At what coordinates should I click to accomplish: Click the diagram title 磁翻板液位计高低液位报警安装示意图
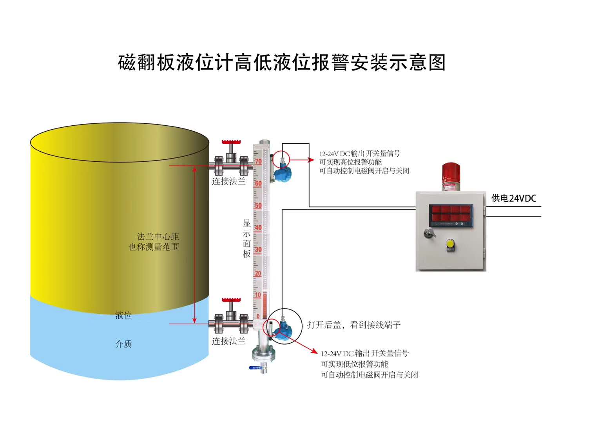tap(282, 63)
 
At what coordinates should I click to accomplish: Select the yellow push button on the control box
tap(450, 244)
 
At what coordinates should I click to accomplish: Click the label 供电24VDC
tap(514, 198)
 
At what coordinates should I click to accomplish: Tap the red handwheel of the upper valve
tap(231, 142)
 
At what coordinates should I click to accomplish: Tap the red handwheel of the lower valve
tap(231, 300)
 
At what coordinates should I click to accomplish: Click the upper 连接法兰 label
tap(229, 181)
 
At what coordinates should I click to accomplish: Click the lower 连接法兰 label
tap(229, 341)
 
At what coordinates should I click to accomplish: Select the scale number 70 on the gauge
tap(258, 161)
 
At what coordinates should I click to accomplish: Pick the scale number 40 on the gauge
tap(258, 228)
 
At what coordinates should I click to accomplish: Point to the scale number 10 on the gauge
tap(258, 295)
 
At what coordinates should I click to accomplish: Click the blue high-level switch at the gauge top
tap(282, 173)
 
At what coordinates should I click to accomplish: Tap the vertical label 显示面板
tap(247, 239)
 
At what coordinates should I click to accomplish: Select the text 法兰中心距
tap(158, 237)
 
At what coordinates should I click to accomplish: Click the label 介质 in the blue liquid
tap(123, 344)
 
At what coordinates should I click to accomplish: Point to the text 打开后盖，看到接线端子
tap(354, 325)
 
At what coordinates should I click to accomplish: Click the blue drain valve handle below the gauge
tap(256, 368)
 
